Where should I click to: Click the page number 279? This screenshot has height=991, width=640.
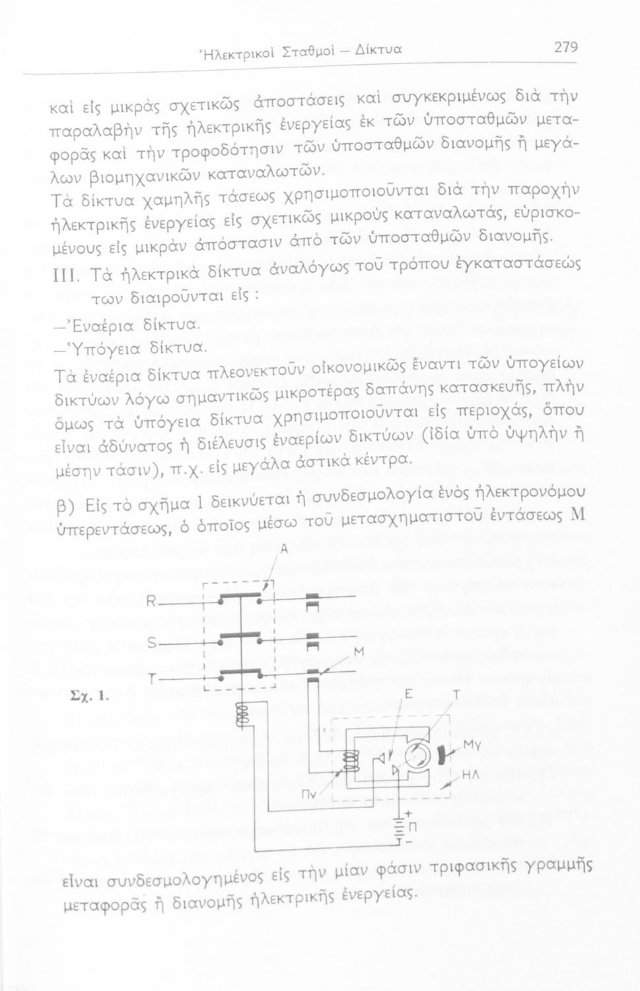click(x=565, y=47)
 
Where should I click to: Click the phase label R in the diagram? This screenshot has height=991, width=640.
click(x=150, y=601)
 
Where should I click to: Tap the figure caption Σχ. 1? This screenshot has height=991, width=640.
click(x=83, y=696)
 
